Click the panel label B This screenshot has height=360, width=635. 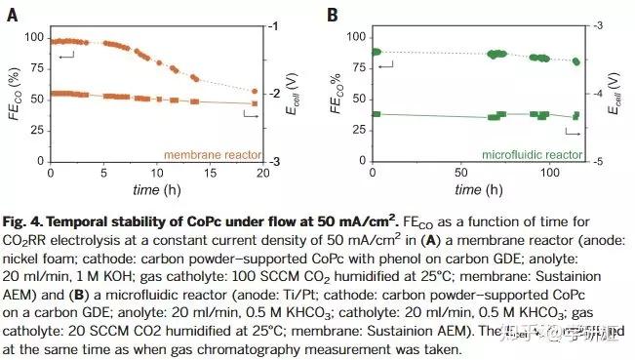tap(333, 14)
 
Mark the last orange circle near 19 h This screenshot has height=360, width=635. tap(256, 92)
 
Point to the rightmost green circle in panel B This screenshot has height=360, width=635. tap(576, 61)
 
